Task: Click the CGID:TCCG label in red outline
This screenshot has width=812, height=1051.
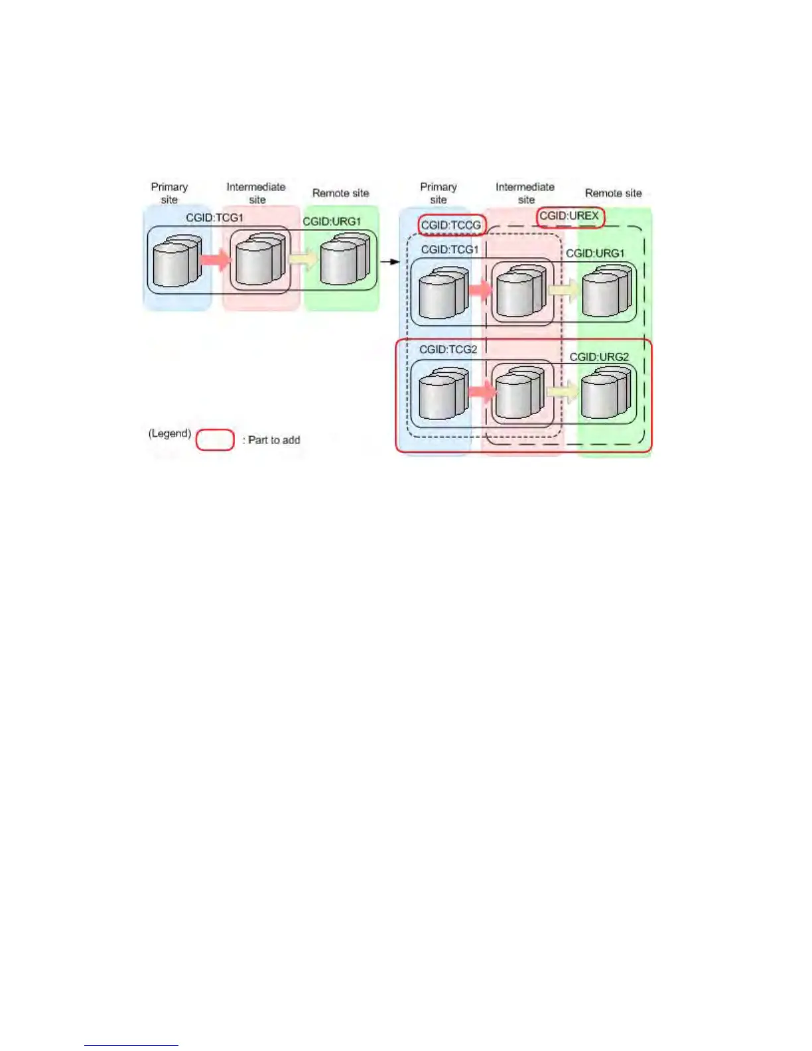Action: tap(450, 226)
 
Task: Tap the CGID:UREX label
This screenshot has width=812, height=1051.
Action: tap(569, 216)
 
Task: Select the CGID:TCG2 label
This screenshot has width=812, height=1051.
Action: tap(448, 349)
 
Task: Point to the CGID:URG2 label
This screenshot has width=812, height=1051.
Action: tap(599, 357)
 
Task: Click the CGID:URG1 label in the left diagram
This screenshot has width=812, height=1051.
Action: tap(332, 222)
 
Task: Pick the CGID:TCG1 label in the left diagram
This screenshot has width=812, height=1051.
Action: tap(214, 218)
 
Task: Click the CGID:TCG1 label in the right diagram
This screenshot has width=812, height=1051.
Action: tap(449, 249)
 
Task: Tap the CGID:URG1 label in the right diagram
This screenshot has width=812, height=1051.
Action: tap(595, 253)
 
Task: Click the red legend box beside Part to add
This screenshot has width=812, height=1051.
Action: tap(215, 440)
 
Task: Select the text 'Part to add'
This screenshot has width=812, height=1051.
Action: tap(274, 440)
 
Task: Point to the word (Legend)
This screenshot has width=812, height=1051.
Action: tap(170, 433)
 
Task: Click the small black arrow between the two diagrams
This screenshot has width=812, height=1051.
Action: tap(390, 261)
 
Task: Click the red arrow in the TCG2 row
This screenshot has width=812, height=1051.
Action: tap(482, 391)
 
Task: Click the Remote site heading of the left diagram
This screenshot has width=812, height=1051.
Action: tap(340, 193)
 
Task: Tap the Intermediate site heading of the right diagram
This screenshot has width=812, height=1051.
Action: tap(525, 193)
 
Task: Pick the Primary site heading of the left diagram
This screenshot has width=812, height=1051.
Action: tap(169, 193)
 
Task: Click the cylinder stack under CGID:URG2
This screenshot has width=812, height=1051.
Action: tap(605, 394)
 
